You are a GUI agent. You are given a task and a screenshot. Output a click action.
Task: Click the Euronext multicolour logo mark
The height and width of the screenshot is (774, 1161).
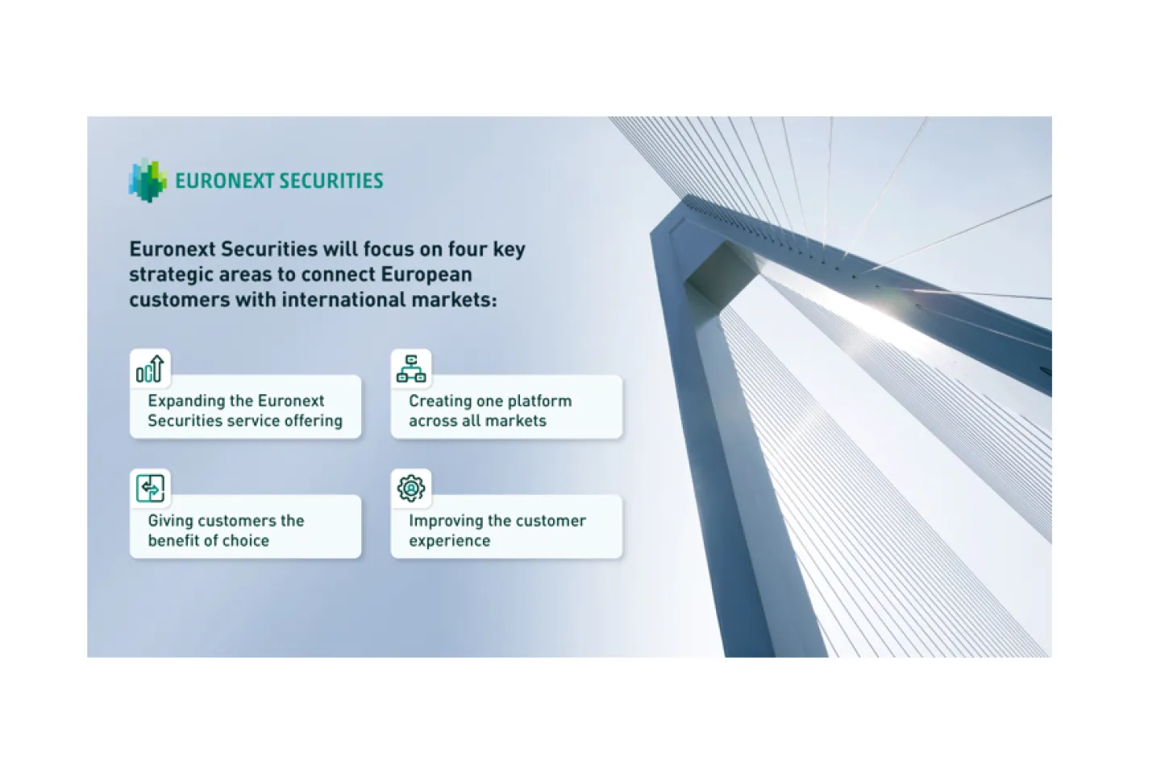coord(148,181)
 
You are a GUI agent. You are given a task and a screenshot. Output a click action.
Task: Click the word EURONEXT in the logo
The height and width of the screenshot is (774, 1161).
coord(224,181)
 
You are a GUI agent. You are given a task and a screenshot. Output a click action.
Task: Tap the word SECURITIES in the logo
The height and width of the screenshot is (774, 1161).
coord(331,181)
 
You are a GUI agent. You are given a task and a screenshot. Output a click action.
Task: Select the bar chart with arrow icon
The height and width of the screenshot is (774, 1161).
coord(150,368)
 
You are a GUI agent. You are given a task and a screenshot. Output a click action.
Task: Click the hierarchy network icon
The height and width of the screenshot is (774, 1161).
coord(411,368)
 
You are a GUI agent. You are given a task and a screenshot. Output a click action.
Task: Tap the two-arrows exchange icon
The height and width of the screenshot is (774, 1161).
coord(150,489)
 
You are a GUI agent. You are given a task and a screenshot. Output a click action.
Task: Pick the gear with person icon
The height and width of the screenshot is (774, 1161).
coord(411,489)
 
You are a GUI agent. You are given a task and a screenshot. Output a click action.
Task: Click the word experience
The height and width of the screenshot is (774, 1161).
coord(449,541)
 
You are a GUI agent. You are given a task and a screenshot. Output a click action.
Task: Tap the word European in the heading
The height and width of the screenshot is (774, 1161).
coord(427,275)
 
